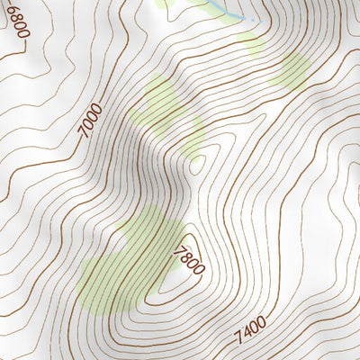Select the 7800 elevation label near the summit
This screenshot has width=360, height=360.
click(x=190, y=259)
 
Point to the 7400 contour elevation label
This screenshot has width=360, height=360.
click(x=251, y=330)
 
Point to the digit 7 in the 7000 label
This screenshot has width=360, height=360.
click(x=86, y=132)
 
